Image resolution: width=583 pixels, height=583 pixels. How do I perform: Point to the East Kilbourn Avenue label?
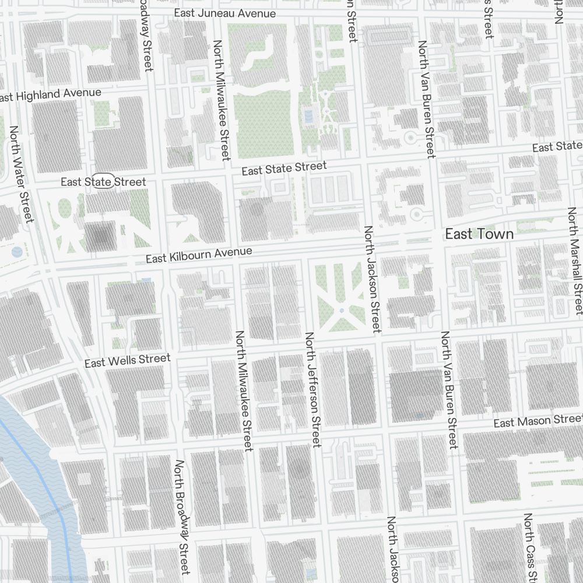199,255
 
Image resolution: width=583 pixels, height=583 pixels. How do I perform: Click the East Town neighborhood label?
479,234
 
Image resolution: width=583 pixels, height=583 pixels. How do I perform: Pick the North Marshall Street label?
575,261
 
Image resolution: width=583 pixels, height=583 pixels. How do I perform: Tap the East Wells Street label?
128,360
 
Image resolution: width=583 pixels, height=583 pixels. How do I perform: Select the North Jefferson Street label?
313,389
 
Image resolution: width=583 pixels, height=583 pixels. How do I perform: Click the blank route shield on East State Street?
105,182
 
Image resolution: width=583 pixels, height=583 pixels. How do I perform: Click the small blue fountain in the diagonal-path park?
341,311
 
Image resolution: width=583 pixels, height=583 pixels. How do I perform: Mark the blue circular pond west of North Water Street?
17,252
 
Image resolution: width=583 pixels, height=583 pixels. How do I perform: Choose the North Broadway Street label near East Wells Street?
182,517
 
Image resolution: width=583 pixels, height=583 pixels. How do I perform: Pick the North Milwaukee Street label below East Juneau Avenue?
222,100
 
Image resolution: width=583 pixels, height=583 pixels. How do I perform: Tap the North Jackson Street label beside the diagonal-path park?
371,280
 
